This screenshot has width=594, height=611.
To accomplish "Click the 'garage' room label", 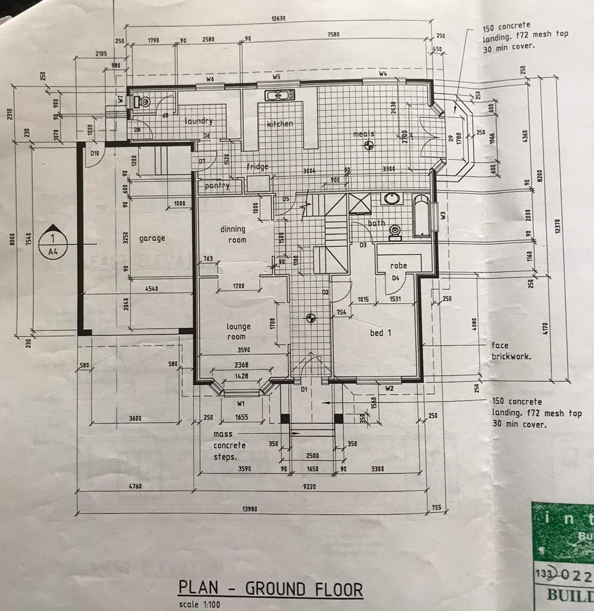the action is click(152, 238).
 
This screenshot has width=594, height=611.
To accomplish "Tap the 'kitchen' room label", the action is click(280, 123).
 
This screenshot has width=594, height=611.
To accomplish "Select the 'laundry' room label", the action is click(199, 121).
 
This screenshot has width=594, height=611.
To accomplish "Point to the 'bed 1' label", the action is click(380, 332).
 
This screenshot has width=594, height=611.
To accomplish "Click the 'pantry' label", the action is click(217, 185).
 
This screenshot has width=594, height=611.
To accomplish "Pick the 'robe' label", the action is click(399, 265).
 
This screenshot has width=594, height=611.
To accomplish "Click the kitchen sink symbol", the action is click(278, 95).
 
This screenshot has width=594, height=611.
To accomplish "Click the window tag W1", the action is click(241, 404).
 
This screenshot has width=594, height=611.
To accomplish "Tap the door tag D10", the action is click(95, 152).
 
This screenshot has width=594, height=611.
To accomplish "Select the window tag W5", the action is click(276, 77).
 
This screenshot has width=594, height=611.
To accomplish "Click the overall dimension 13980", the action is click(250, 508).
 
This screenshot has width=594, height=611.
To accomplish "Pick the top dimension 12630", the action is click(278, 19).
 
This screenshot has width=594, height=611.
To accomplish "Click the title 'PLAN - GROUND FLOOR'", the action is click(270, 589).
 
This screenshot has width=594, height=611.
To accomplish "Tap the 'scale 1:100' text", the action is click(200, 604).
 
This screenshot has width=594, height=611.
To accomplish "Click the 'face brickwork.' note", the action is click(511, 351).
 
